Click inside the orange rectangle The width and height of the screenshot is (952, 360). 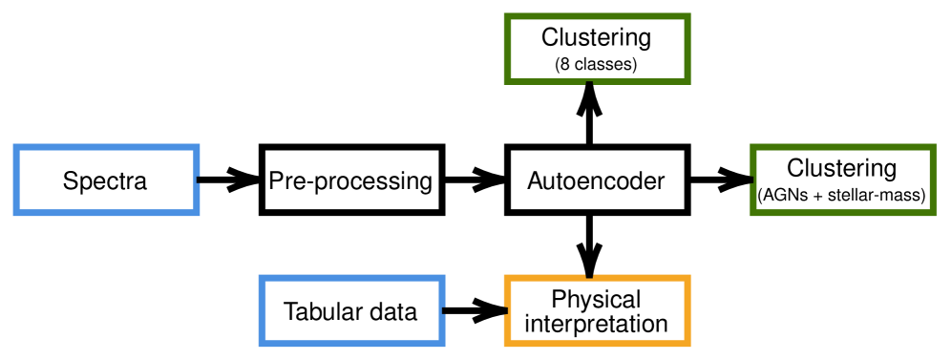click(x=597, y=311)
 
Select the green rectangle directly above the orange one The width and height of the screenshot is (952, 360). click(x=597, y=49)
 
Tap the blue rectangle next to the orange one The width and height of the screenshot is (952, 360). click(x=351, y=311)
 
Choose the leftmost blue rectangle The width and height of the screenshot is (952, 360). click(x=106, y=180)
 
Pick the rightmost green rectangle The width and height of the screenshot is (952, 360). click(x=842, y=180)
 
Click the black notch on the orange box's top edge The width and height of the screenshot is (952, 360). click(x=589, y=276)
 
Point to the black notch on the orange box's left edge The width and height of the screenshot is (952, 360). click(x=505, y=310)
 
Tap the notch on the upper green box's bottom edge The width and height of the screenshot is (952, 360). click(x=589, y=83)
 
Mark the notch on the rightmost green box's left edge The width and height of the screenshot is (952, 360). click(x=751, y=180)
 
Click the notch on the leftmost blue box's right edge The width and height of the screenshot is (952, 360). click(x=199, y=180)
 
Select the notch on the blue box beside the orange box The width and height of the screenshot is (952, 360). click(x=444, y=310)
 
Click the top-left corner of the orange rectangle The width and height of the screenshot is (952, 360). click(x=507, y=278)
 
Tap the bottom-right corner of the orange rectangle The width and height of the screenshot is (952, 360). click(x=688, y=344)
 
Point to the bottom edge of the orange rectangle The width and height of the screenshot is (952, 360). click(x=597, y=343)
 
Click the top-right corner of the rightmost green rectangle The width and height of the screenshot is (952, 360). click(x=933, y=147)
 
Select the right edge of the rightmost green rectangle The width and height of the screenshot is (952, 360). click(x=933, y=180)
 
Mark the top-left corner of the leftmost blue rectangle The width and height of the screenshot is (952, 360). click(x=16, y=147)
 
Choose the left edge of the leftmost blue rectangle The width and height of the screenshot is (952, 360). click(x=16, y=180)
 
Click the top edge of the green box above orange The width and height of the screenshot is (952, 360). click(x=597, y=16)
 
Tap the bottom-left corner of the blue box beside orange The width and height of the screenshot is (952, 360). click(x=262, y=344)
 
